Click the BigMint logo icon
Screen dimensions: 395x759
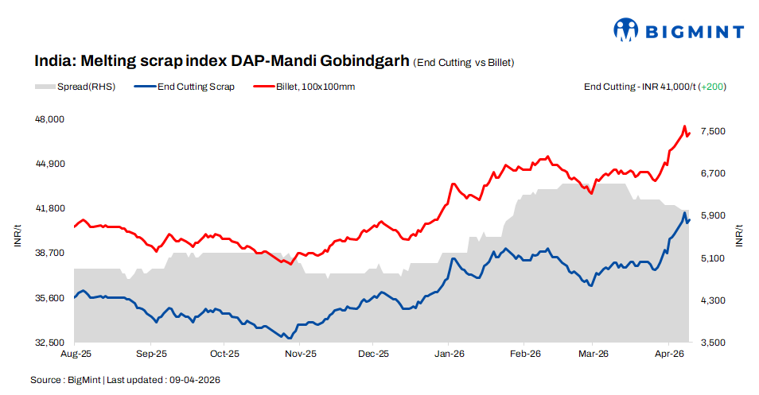tap(626, 30)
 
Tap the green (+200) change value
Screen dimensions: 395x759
tap(712, 87)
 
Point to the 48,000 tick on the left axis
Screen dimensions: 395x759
tap(50, 119)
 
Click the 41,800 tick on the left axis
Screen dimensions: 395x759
tap(50, 208)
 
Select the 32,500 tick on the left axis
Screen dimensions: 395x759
tap(50, 343)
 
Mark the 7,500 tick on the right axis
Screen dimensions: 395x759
tap(713, 131)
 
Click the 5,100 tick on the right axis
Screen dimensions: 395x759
tap(713, 258)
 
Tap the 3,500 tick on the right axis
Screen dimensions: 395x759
tap(713, 343)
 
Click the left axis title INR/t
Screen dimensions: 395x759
tap(18, 236)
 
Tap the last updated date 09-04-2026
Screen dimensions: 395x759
tap(194, 380)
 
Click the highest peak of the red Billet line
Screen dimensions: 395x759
tap(684, 126)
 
